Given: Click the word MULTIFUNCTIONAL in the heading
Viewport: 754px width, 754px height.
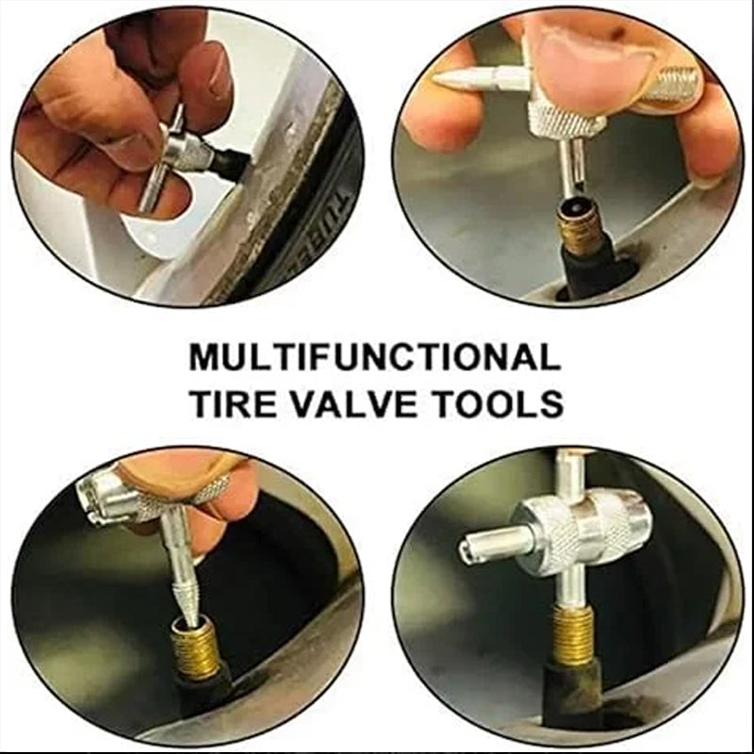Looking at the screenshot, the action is pos(375,357).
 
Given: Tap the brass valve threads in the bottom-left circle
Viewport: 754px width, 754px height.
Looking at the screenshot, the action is pos(196,646).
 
